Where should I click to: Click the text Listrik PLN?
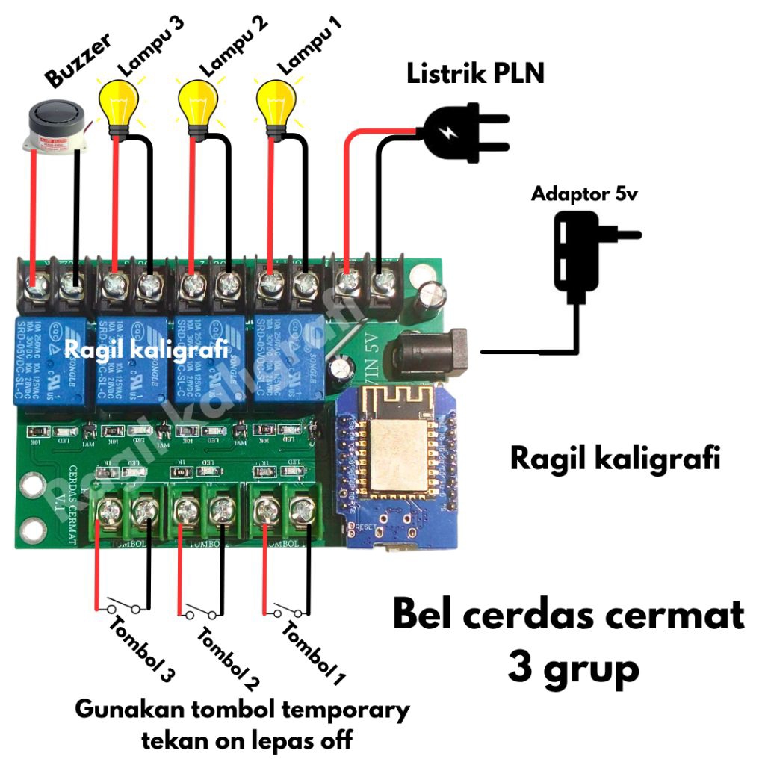coord(475,74)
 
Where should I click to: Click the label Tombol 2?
coord(229,658)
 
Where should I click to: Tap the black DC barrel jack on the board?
coord(433,350)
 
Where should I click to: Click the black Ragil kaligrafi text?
coord(615,457)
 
